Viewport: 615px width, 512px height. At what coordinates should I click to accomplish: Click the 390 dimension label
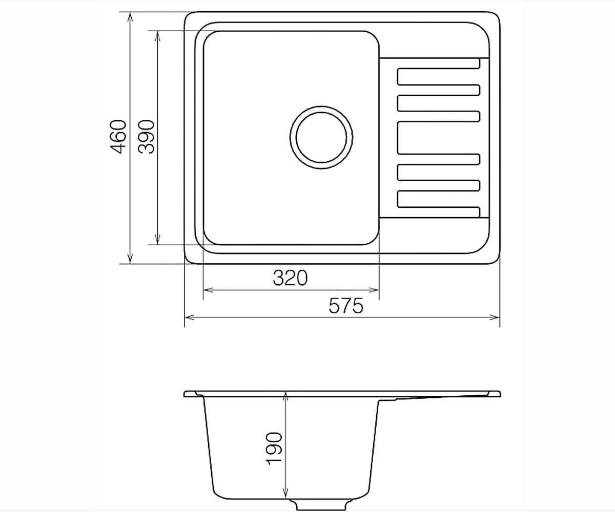click(x=147, y=137)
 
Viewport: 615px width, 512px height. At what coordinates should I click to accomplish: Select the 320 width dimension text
click(x=290, y=278)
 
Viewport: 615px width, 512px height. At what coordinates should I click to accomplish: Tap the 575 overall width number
click(x=346, y=306)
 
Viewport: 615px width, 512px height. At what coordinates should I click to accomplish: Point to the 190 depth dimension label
click(x=274, y=449)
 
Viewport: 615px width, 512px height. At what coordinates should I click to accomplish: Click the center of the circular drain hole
click(x=321, y=137)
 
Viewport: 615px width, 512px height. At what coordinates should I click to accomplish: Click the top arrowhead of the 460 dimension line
click(x=130, y=17)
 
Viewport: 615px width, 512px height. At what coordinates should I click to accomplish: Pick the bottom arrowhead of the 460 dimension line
click(x=130, y=259)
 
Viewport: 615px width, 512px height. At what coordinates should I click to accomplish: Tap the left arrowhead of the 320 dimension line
click(x=209, y=290)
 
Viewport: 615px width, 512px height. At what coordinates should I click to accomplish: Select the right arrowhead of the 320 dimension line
click(x=374, y=290)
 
